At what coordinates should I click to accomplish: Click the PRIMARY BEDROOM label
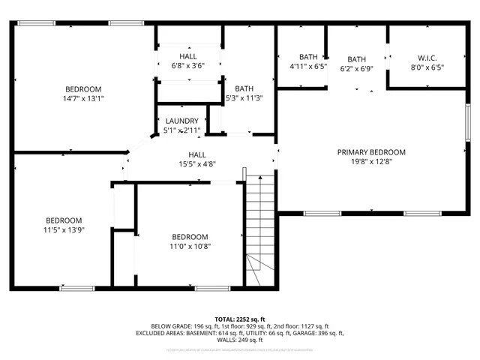point(371,151)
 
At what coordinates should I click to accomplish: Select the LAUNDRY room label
point(181,121)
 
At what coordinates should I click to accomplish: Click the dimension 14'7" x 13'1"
point(82,98)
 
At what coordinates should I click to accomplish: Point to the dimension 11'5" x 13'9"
point(64,229)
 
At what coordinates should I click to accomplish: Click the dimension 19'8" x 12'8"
point(371,160)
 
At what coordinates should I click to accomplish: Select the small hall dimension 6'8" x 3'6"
point(188,66)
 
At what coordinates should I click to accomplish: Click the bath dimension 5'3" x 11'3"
point(244,97)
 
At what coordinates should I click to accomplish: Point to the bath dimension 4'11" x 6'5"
point(308,66)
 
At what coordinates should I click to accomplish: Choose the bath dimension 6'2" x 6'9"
point(356,69)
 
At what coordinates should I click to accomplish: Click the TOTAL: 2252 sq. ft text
point(240,319)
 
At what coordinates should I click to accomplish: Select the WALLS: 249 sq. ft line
point(240,340)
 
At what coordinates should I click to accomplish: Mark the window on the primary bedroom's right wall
point(467,121)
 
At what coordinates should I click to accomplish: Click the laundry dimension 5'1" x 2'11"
point(181,130)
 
